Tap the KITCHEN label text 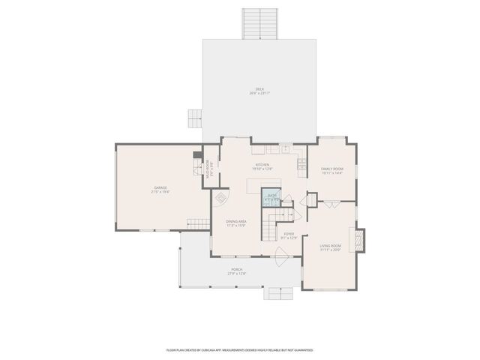pos(262,166)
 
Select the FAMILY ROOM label pos(331,170)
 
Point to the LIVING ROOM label pos(331,247)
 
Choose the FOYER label pos(289,235)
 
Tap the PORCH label pos(237,271)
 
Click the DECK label pos(259,91)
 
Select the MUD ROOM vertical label pos(211,173)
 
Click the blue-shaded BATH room pos(271,198)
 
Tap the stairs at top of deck pos(259,24)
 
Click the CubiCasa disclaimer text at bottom pos(239,349)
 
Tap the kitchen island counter pos(264,184)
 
